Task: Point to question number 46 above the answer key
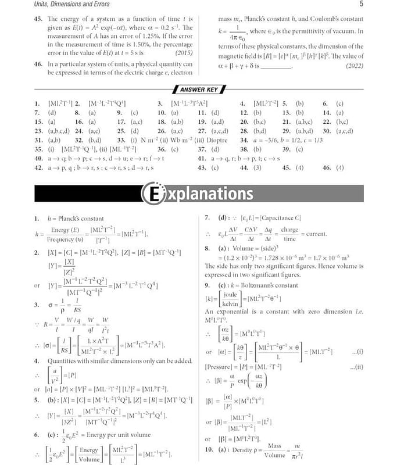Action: (38, 65)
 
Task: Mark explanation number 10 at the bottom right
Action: (208, 450)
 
